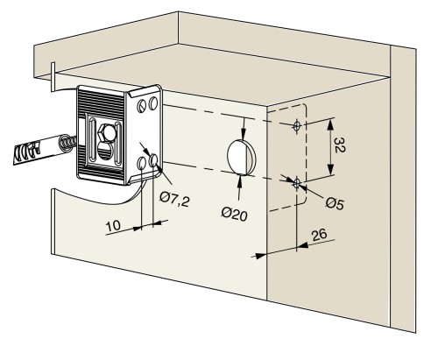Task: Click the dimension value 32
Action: point(339,145)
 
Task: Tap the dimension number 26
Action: point(319,235)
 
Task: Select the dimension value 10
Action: point(113,226)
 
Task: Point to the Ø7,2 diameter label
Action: point(174,200)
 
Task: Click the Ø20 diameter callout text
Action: point(234,214)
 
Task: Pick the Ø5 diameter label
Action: point(335,203)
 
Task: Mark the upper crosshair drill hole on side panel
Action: point(297,126)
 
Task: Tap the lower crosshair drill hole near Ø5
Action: point(297,183)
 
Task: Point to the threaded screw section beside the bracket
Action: point(68,144)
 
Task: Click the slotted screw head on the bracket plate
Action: point(142,105)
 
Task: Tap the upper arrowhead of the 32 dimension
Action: point(330,124)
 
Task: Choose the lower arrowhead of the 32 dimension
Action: point(330,169)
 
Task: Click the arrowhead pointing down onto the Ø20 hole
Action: point(244,134)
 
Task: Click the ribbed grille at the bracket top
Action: point(101,104)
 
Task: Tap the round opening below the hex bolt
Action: point(103,151)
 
